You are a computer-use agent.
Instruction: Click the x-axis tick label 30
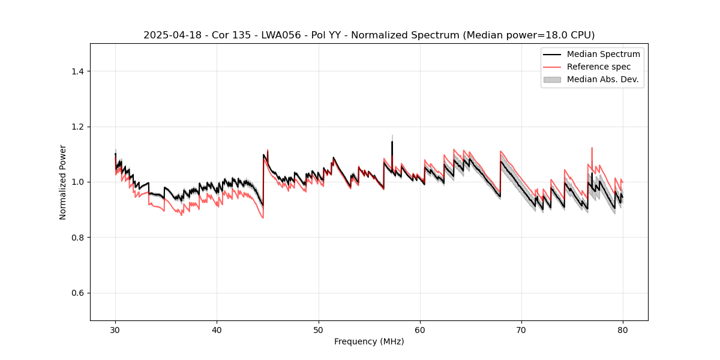[x=115, y=329]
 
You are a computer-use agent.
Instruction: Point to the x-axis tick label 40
[x=217, y=329]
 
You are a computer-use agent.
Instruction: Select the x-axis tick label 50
[x=319, y=329]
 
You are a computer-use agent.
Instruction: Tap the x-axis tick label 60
[x=420, y=329]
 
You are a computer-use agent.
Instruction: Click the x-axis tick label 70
[x=521, y=329]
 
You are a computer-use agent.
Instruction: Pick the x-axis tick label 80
[x=623, y=329]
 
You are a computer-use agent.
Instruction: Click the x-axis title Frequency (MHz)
[x=369, y=341]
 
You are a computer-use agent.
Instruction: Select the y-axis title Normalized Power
[x=63, y=182]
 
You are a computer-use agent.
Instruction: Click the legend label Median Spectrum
[x=603, y=54]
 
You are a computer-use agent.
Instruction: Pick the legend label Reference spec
[x=598, y=67]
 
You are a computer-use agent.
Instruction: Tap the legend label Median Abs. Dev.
[x=602, y=79]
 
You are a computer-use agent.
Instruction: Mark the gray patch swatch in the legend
[x=551, y=79]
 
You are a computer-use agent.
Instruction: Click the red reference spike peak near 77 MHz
[x=592, y=148]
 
